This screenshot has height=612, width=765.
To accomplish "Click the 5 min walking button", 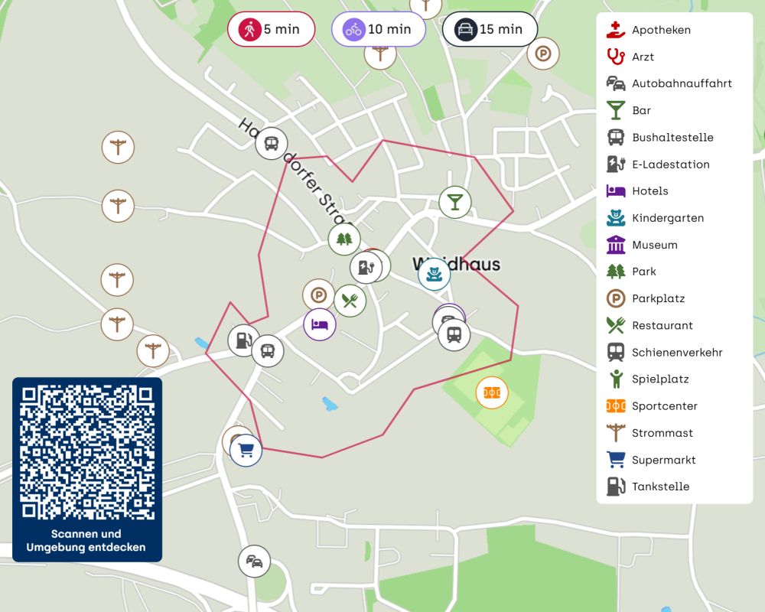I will (271, 30).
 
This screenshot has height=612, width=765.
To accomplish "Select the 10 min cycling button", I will (379, 30).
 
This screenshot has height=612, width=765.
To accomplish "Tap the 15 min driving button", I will (490, 30).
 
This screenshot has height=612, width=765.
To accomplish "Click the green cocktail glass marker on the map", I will (455, 202).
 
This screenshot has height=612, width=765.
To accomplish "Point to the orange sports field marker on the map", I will (492, 392).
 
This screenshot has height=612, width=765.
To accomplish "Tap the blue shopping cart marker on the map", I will (246, 450).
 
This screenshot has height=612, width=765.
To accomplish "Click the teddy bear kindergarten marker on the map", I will (434, 274).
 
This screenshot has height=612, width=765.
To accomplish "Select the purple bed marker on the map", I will (320, 324).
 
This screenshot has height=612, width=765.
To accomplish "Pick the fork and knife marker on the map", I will (350, 301).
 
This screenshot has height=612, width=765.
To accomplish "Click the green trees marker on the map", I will (344, 239).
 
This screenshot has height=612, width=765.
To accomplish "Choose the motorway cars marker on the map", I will (254, 562).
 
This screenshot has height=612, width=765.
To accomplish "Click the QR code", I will (87, 453).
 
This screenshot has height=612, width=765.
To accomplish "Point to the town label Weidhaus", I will (457, 265).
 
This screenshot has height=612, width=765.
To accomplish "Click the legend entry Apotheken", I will (661, 30).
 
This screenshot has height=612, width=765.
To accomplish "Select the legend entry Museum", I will (654, 245).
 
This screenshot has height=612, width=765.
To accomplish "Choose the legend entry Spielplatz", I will (660, 379).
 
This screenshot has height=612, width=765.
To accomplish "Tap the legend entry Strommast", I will (662, 433).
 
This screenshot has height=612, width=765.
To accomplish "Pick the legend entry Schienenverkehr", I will (676, 353).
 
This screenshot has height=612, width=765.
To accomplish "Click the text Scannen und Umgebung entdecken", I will (86, 541).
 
